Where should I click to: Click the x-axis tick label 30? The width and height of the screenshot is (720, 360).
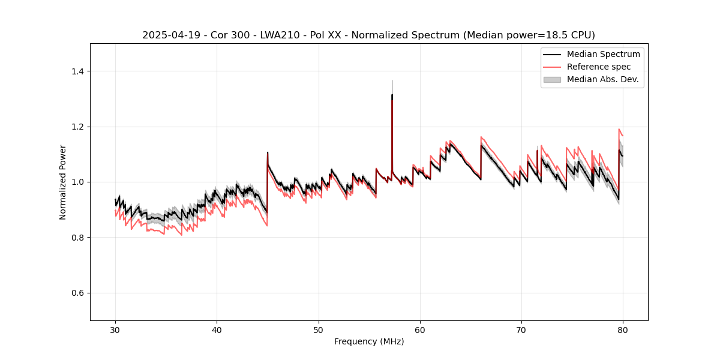[115, 330]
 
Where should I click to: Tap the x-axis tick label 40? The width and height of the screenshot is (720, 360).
[217, 330]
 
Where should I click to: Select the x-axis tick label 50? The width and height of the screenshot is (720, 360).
[319, 330]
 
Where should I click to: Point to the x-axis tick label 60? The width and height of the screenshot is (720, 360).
[420, 330]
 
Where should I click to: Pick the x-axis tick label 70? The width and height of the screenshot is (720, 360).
[521, 330]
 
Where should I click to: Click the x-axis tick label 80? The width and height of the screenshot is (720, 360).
[623, 330]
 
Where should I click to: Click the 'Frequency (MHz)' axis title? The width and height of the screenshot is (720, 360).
[369, 341]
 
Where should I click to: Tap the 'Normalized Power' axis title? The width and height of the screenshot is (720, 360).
[63, 182]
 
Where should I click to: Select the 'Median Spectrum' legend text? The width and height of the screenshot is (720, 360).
[603, 54]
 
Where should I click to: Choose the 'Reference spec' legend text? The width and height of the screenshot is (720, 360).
[598, 67]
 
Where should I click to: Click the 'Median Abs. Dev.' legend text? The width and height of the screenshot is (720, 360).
[602, 79]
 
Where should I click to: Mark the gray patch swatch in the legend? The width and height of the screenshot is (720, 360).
[552, 79]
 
